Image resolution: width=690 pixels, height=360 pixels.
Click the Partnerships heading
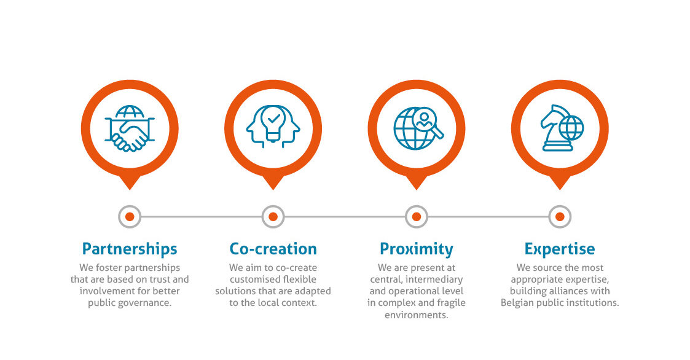point(130,249)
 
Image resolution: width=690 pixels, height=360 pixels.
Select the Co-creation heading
point(273,249)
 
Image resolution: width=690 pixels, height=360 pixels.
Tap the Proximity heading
point(416,249)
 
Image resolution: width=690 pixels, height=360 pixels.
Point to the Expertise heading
point(559,249)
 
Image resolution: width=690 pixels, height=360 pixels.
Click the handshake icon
point(130,136)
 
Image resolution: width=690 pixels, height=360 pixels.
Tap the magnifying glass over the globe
point(426,120)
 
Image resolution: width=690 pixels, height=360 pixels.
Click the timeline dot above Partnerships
point(130,216)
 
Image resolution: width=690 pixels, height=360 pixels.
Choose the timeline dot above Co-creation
point(273,216)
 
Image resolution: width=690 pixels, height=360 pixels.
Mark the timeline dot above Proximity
point(416,216)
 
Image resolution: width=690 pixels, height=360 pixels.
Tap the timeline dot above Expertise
point(559,216)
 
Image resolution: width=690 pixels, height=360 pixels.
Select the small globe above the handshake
point(130,112)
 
